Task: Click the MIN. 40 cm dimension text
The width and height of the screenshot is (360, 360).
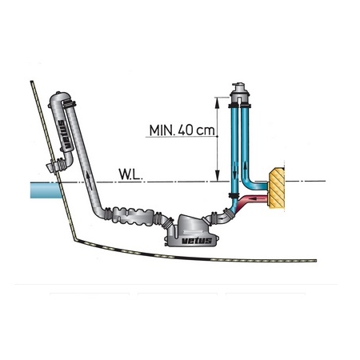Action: click(x=182, y=130)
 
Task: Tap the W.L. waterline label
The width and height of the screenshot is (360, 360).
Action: click(x=130, y=174)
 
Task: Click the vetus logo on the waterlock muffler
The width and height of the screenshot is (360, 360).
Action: click(x=197, y=241)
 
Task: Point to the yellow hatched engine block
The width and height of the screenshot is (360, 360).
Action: click(x=277, y=188)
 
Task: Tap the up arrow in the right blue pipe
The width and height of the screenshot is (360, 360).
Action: click(x=245, y=168)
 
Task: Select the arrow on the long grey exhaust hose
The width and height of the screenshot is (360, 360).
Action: click(x=90, y=180)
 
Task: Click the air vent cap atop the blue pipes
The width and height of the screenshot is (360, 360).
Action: click(x=240, y=92)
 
